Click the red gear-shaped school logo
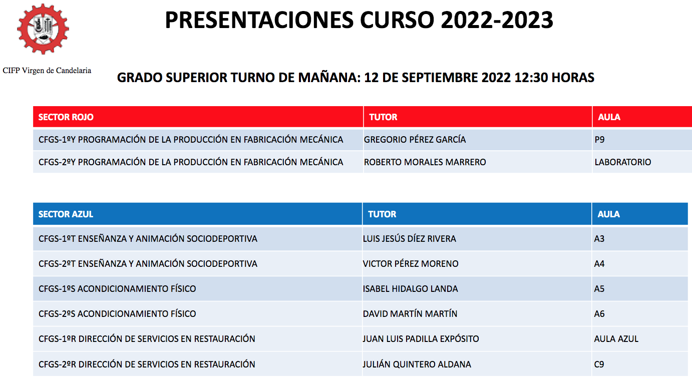click(x=43, y=29)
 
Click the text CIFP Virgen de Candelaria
click(x=47, y=71)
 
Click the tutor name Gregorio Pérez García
click(x=415, y=140)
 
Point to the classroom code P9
click(x=600, y=140)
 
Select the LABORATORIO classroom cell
click(x=623, y=162)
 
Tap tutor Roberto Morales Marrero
click(x=425, y=162)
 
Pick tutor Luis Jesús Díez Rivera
click(x=409, y=238)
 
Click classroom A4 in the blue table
click(x=599, y=264)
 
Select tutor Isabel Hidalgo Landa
click(x=410, y=289)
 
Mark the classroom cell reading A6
click(x=599, y=314)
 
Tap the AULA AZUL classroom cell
click(x=616, y=339)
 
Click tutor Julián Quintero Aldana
click(x=417, y=364)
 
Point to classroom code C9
click(x=599, y=364)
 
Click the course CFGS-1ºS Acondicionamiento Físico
click(x=117, y=289)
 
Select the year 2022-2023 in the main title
click(x=497, y=21)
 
